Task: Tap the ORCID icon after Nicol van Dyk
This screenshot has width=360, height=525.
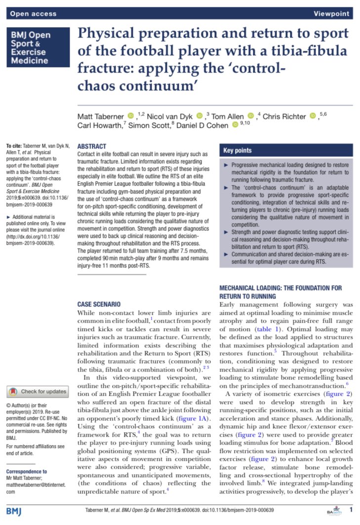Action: click(200, 116)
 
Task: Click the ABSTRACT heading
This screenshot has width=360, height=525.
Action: click(92, 147)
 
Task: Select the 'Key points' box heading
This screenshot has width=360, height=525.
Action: click(238, 150)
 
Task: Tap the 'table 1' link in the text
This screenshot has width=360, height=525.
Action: click(269, 329)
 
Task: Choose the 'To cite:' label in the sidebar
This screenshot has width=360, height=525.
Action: click(15, 147)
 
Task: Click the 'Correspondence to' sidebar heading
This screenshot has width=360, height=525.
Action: click(26, 471)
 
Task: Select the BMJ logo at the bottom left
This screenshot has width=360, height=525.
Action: click(15, 510)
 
